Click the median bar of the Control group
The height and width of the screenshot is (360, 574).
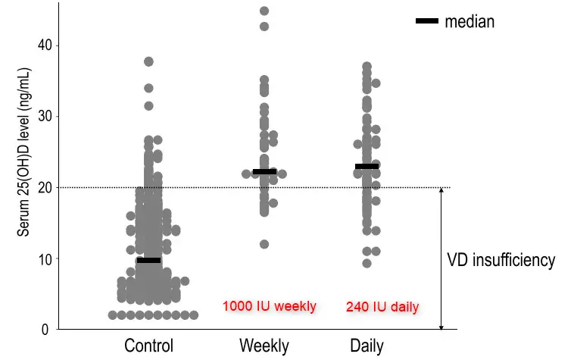[x=148, y=260]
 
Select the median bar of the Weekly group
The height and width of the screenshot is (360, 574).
[x=264, y=172]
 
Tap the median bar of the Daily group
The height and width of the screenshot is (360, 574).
[x=367, y=166]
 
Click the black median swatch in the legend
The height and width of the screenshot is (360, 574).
[x=427, y=21]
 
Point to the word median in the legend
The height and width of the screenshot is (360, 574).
[x=469, y=21]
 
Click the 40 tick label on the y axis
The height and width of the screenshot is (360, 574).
[x=45, y=45]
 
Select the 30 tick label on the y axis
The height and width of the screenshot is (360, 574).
[x=45, y=116]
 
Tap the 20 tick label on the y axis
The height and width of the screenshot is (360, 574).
[x=45, y=187]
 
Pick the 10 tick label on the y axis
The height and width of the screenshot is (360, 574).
[x=45, y=258]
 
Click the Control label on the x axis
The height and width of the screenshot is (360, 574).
[x=148, y=346]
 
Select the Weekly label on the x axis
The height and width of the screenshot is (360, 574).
[x=264, y=346]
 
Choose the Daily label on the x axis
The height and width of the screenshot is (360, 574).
[x=367, y=346]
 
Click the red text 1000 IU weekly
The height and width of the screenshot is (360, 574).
[x=269, y=306]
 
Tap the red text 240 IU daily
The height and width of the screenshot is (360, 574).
[x=382, y=307]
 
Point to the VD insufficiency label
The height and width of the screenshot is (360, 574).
[x=501, y=260]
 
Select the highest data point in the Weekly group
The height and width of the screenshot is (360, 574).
[x=264, y=11]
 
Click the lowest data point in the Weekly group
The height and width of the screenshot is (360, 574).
[x=264, y=244]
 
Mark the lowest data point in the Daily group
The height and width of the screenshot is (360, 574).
[x=367, y=263]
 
